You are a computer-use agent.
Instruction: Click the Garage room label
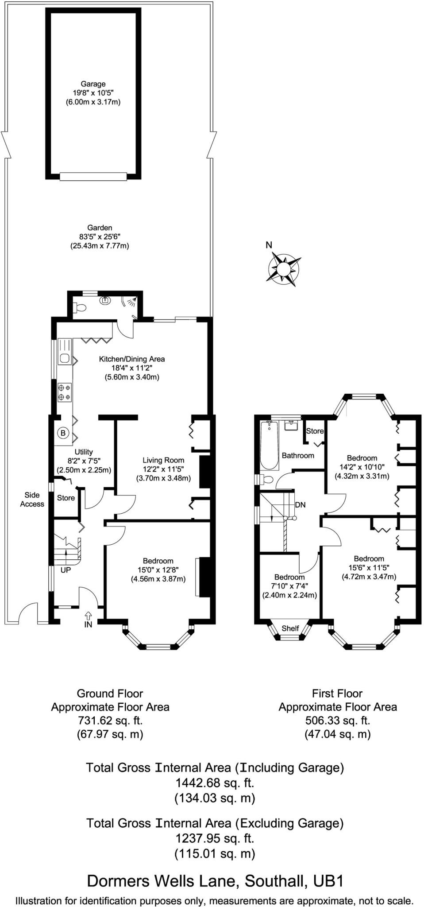[93, 84]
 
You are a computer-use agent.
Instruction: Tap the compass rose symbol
[283, 268]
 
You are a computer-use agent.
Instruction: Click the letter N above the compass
[269, 245]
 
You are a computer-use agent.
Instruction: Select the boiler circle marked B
[63, 433]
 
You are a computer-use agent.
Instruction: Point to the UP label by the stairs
[66, 570]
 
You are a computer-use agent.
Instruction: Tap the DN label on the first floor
[300, 504]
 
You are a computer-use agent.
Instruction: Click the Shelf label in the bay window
[290, 628]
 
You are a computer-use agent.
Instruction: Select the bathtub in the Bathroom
[269, 446]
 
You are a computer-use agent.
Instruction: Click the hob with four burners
[64, 392]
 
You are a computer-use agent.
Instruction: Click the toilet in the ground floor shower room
[80, 306]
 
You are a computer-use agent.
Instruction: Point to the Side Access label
[32, 499]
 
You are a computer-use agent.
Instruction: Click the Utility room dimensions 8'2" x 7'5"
[84, 461]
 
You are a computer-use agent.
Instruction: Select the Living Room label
[163, 460]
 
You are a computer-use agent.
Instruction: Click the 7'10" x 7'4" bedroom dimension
[289, 586]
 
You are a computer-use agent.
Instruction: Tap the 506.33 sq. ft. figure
[337, 721]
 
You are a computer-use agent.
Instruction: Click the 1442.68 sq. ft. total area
[215, 783]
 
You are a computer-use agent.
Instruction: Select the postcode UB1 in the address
[328, 881]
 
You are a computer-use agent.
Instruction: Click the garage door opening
[93, 176]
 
